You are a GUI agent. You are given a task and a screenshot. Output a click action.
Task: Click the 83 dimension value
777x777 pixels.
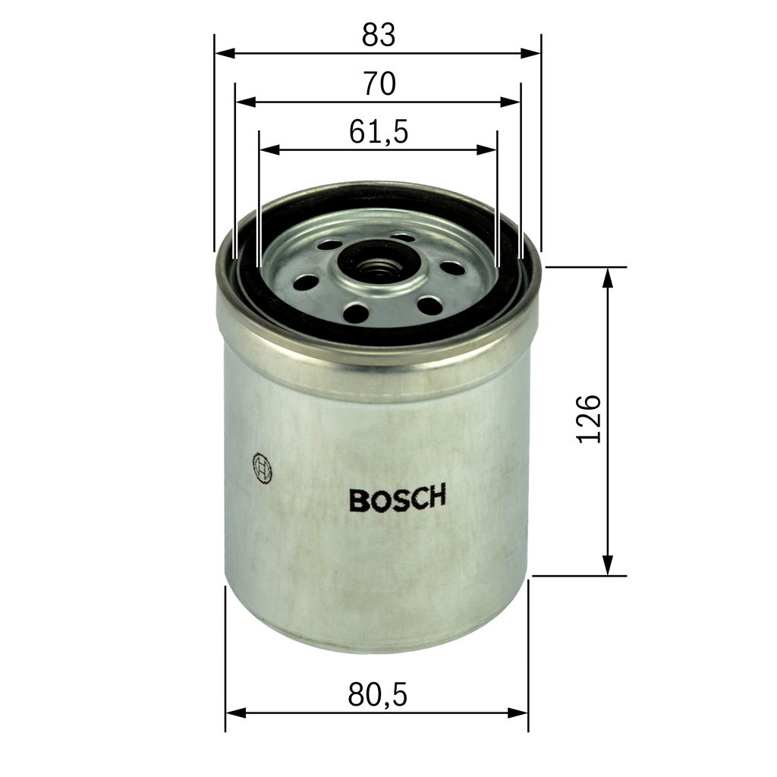click(x=379, y=35)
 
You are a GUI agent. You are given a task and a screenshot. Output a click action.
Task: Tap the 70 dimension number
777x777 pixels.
click(x=379, y=83)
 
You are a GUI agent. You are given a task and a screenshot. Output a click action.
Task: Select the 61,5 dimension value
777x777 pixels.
click(x=379, y=132)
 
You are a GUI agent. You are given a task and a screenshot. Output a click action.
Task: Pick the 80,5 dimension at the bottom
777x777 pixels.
click(x=378, y=694)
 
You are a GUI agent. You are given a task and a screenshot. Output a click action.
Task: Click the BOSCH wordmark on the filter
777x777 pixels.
click(x=397, y=499)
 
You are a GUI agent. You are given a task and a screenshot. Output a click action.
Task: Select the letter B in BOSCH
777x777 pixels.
click(x=357, y=500)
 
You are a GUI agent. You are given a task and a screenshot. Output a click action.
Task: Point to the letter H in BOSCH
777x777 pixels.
click(x=436, y=497)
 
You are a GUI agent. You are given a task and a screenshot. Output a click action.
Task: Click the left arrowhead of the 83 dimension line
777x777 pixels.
click(x=224, y=54)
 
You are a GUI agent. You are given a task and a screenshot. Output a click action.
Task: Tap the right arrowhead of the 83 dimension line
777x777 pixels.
click(x=532, y=54)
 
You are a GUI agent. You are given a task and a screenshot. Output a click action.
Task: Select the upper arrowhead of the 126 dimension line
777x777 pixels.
click(x=607, y=278)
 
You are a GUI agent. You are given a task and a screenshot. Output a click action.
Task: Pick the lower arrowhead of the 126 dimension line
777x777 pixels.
click(x=607, y=565)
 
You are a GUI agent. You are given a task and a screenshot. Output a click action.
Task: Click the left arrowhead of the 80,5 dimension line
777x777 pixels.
click(x=235, y=713)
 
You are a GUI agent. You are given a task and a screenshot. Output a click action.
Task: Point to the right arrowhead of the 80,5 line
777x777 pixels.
click(x=519, y=713)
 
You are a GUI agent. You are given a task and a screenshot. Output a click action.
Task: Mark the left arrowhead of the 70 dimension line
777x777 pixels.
click(x=244, y=102)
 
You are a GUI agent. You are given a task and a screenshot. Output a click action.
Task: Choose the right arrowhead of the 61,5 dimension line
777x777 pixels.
click(x=488, y=150)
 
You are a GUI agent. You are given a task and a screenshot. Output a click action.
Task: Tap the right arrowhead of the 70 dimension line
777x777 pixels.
click(x=512, y=102)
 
